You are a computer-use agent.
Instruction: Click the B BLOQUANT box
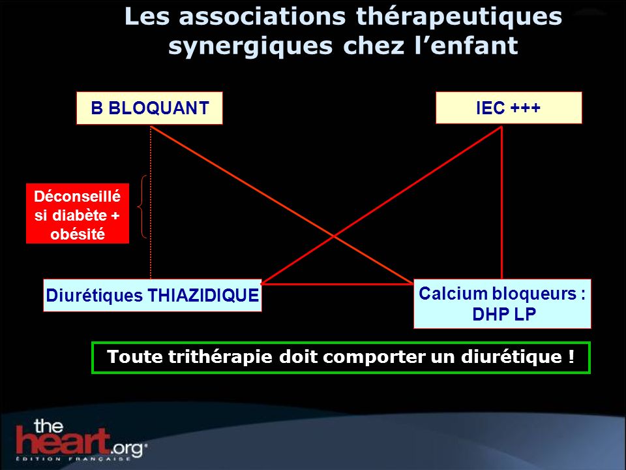[x=149, y=108]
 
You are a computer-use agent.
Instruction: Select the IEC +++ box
[x=509, y=108]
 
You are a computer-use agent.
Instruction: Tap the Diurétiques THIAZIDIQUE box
[x=153, y=295]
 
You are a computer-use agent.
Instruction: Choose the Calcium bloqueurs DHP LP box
[x=502, y=304]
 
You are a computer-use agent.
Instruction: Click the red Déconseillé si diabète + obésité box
[x=78, y=213]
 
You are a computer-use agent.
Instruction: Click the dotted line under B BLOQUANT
[x=151, y=202]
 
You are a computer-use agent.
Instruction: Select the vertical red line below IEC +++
[x=501, y=202]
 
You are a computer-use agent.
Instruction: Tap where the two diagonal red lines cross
[x=334, y=236]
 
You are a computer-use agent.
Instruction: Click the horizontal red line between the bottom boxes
[x=338, y=284]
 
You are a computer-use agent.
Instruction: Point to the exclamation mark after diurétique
[x=571, y=356]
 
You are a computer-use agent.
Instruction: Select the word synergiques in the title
[x=250, y=46]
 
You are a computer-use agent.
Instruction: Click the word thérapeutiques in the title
[x=458, y=17]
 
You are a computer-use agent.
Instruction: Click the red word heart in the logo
[x=63, y=441]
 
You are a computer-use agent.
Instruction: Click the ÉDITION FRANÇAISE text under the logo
[x=72, y=458]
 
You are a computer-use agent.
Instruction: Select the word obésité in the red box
[x=78, y=234]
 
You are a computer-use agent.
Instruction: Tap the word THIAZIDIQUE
[x=203, y=296]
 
